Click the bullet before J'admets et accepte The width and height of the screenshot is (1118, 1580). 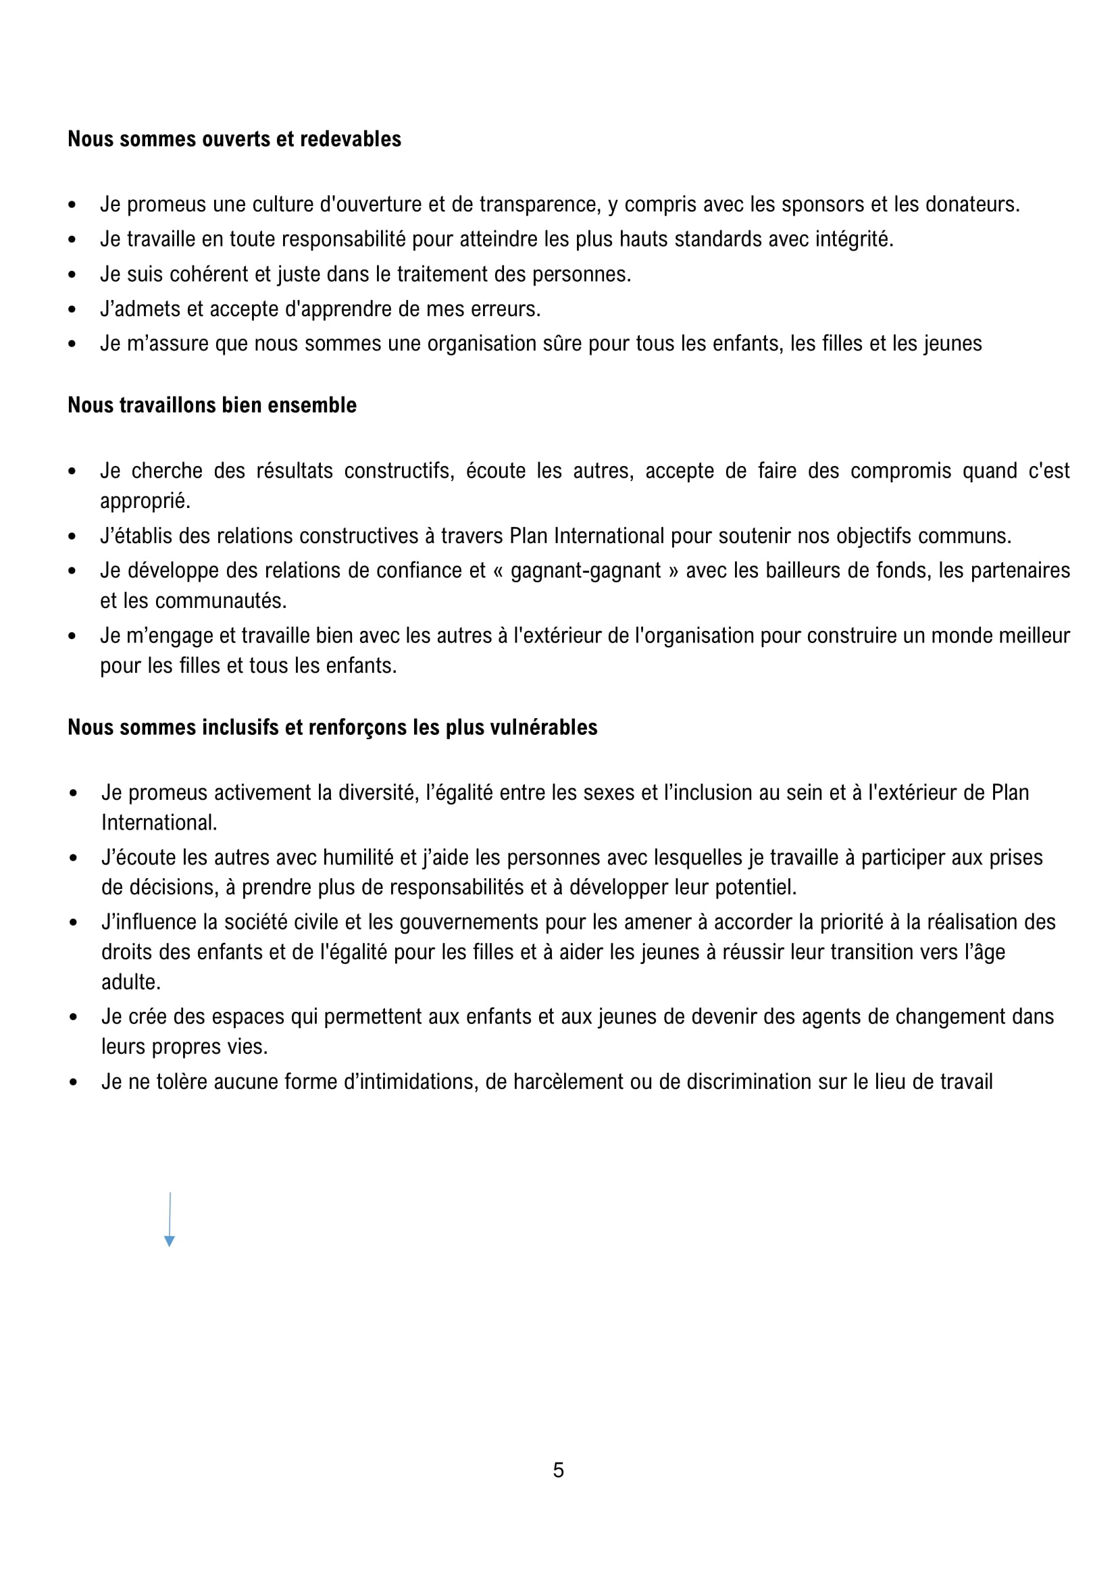click(72, 310)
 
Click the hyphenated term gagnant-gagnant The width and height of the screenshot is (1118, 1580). click(585, 571)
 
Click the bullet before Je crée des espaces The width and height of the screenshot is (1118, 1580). click(73, 1017)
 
